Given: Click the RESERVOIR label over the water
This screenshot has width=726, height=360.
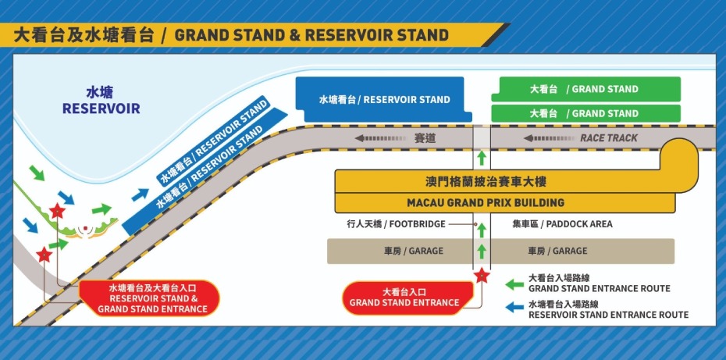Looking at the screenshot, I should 101,109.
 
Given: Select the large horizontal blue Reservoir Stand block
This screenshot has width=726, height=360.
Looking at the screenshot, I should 384,100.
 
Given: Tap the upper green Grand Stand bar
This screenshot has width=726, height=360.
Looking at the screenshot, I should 585,89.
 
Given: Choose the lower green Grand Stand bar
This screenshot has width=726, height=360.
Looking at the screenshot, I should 585,113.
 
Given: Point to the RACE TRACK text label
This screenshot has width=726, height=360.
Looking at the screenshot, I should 608,138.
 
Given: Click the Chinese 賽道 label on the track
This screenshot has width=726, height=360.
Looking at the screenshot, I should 425,138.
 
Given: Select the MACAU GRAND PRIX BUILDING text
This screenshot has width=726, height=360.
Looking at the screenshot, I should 486,203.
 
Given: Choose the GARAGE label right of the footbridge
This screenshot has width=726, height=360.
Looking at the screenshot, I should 557,251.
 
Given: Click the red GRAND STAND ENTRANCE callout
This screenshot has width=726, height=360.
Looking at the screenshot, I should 404,298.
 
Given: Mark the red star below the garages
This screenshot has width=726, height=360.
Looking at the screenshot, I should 482,275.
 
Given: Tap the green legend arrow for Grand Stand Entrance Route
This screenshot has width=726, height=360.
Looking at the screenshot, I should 514,283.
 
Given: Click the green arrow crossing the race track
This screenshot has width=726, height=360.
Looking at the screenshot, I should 482,157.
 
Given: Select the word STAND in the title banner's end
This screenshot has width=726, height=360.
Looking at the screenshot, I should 423,35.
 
